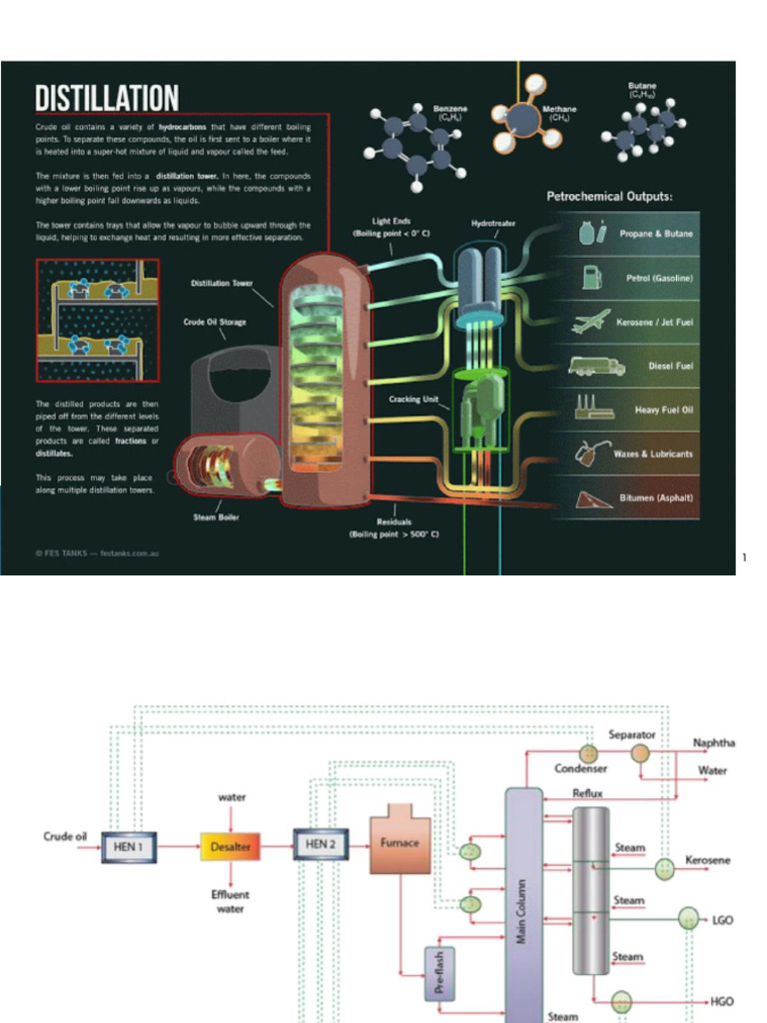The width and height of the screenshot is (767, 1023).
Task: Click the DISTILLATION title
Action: coord(107,98)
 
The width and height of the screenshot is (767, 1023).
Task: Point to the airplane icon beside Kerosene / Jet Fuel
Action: coord(591,322)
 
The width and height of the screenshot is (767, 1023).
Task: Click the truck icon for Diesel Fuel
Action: coord(596,366)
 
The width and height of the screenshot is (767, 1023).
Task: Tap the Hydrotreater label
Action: coord(493,224)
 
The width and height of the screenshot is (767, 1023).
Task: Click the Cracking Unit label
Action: coord(413,400)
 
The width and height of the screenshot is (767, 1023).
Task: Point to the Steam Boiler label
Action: coord(216,517)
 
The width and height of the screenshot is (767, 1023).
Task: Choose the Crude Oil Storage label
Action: coord(214,322)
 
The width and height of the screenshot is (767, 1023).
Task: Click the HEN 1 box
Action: coord(129,846)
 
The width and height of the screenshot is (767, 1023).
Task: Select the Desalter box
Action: coord(231,846)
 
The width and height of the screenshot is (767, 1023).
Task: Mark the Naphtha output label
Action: coord(714,743)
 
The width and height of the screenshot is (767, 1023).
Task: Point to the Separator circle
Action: coord(639,753)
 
